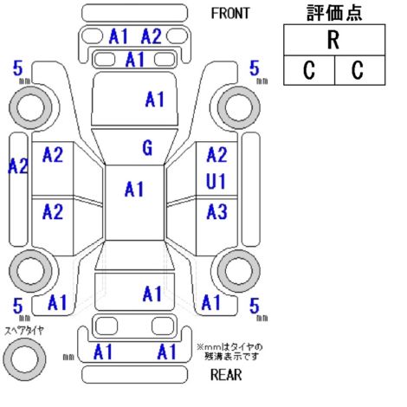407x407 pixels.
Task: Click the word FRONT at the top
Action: point(230,14)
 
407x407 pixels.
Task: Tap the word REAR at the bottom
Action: point(226,375)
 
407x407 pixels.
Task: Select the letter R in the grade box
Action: point(333,40)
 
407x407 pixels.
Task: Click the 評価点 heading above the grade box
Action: point(334,13)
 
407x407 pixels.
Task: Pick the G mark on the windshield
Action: point(147,148)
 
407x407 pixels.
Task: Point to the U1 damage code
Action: point(216,182)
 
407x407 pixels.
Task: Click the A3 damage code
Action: point(216,211)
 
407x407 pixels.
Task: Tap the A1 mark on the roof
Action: point(134,190)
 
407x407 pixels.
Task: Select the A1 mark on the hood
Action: point(155,100)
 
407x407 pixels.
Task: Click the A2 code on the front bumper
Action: point(152,36)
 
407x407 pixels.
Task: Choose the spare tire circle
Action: point(24,359)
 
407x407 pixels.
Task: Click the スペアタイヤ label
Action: point(24,331)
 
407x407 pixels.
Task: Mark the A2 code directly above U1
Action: point(217,154)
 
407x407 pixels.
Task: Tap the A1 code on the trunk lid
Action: point(152,294)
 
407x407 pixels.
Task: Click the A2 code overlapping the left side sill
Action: point(18,166)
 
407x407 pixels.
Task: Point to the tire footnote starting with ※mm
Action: point(229,352)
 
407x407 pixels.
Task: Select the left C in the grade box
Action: point(309,70)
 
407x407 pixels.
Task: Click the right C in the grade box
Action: point(358,70)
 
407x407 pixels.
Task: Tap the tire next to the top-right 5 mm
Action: point(239,107)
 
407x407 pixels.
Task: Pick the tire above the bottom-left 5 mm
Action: point(30,271)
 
